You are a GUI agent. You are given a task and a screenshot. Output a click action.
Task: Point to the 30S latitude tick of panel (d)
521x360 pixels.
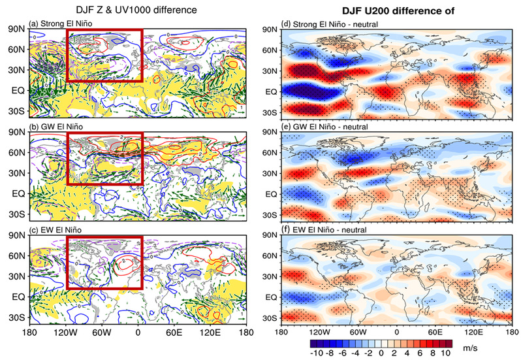click(x=269, y=112)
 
